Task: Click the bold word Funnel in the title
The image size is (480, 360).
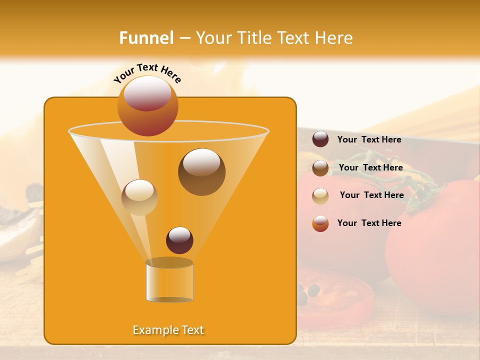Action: pyautogui.click(x=146, y=38)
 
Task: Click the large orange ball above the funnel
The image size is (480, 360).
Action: pyautogui.click(x=147, y=106)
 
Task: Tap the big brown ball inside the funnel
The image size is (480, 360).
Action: pyautogui.click(x=201, y=172)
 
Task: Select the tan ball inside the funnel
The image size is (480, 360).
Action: pyautogui.click(x=139, y=197)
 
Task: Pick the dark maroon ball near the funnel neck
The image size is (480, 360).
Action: pyautogui.click(x=179, y=240)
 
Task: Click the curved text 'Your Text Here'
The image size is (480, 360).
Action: pyautogui.click(x=147, y=72)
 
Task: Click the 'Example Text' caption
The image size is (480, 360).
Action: pyautogui.click(x=168, y=330)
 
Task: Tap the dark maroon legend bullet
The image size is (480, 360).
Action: pyautogui.click(x=320, y=139)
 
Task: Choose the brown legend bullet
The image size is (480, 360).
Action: pyautogui.click(x=320, y=168)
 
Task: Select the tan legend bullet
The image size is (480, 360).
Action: pyautogui.click(x=320, y=195)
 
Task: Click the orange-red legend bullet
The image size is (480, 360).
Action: pyautogui.click(x=320, y=223)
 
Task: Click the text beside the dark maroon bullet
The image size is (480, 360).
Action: pyautogui.click(x=369, y=140)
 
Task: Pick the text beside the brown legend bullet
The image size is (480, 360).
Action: pyautogui.click(x=370, y=168)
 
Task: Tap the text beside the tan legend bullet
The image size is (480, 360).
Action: pyautogui.click(x=371, y=195)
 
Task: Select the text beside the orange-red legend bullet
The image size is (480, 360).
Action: pyautogui.click(x=369, y=223)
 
